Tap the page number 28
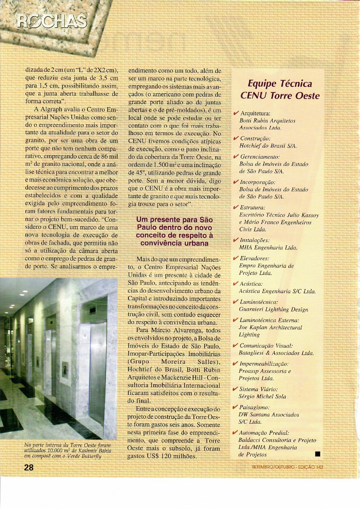29,467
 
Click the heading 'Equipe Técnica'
280,84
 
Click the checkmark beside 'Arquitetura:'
236,113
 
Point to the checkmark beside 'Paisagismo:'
235,407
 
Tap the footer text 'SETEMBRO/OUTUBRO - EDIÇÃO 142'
287,467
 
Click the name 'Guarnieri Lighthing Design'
273,309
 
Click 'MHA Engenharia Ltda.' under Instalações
268,247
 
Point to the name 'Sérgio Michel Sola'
262,396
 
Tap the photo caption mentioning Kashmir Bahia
68,451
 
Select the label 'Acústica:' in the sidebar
251,284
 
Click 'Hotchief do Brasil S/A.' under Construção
268,146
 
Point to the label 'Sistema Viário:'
258,389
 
